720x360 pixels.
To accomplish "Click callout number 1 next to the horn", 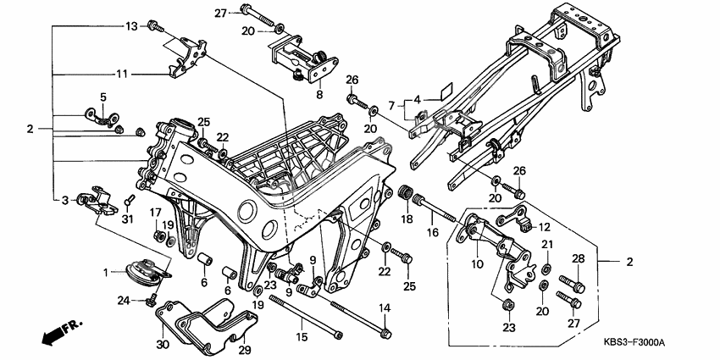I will click(106, 272).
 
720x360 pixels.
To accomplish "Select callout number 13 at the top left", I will click(131, 26).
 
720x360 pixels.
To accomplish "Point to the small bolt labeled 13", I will click(154, 26).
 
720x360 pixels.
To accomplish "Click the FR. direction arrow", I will click(55, 330).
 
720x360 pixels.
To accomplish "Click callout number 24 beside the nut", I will click(124, 300).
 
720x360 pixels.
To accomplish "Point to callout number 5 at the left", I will click(102, 97).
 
